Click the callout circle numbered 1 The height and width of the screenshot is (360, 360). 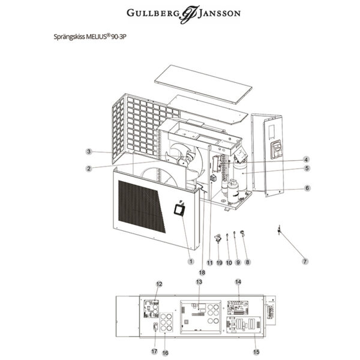coord(190,261)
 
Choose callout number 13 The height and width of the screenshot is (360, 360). coord(199,281)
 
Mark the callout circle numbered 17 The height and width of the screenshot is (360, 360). coord(154,352)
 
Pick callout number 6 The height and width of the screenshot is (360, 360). coord(307,188)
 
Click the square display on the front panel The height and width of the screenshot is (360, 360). coord(179,209)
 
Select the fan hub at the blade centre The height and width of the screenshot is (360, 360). coord(181,160)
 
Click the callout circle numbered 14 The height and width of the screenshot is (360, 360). coord(238,281)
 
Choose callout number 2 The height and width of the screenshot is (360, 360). coord(88,168)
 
